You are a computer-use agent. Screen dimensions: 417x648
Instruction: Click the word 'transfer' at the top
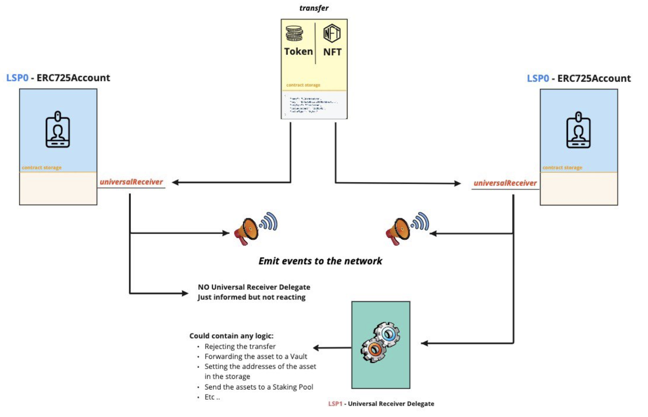click(x=314, y=8)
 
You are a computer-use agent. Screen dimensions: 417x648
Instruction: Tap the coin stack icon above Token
click(x=294, y=34)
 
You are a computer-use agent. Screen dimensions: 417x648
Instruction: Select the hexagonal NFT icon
click(x=332, y=34)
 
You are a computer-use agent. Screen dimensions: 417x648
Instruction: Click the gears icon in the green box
click(x=380, y=342)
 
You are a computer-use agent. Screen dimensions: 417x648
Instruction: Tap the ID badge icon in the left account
click(x=58, y=130)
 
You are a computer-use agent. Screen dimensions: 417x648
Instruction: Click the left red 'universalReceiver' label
click(x=131, y=182)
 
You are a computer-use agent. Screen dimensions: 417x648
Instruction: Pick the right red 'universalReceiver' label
click(x=505, y=183)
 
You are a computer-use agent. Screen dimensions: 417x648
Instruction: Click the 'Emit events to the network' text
click(x=320, y=261)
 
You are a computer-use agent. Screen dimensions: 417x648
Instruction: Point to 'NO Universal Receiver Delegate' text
click(x=254, y=287)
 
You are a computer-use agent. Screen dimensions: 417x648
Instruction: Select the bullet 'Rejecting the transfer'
click(x=240, y=346)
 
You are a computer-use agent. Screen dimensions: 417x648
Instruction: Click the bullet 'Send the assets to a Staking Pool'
click(x=259, y=387)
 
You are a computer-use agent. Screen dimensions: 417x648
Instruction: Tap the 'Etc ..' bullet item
click(x=212, y=397)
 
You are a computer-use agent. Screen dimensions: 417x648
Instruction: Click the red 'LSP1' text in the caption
click(x=335, y=404)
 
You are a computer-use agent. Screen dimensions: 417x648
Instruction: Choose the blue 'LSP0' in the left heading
click(x=17, y=78)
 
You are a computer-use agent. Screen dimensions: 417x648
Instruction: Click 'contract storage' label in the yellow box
click(x=303, y=85)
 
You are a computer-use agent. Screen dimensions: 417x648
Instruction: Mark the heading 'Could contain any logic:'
click(x=231, y=336)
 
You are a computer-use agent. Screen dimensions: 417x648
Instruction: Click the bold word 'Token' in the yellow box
click(x=298, y=52)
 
